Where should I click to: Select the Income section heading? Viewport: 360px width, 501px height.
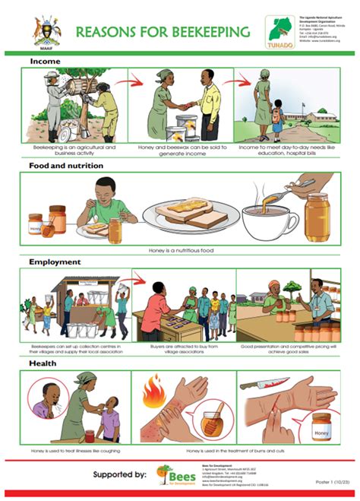(x=46, y=61)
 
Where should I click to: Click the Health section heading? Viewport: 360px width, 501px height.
(x=44, y=363)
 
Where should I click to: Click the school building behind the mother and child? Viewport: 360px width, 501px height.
(x=314, y=118)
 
